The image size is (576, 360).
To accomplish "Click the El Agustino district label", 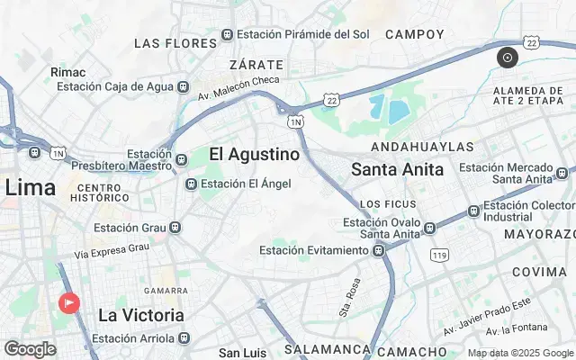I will click(254, 155).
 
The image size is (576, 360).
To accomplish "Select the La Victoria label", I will click(141, 315).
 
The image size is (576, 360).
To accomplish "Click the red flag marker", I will click(68, 303).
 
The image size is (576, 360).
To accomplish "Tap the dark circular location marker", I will click(508, 58).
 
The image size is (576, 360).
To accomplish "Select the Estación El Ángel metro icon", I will click(191, 184).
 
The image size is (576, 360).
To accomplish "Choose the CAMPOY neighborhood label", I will click(415, 34).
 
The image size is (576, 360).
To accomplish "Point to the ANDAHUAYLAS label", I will click(422, 146).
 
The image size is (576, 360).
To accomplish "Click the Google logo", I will click(30, 348).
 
